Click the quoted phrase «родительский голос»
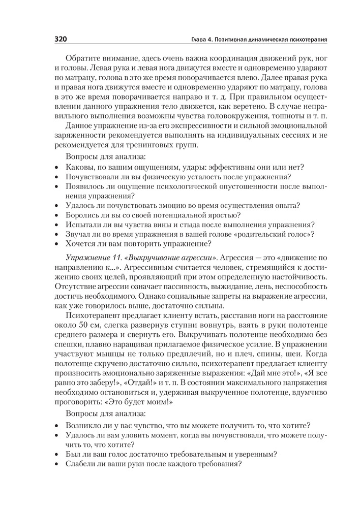coord(276,234)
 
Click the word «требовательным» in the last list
coord(191,454)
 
